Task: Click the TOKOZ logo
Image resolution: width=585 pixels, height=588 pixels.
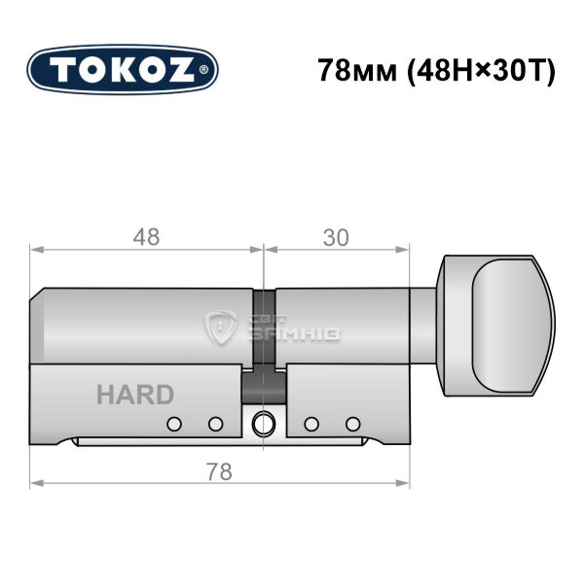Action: [123, 70]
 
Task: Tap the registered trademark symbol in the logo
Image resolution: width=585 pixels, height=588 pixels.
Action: [203, 70]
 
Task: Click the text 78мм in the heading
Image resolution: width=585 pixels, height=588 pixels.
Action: [357, 70]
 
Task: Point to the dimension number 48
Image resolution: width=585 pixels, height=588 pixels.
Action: [146, 237]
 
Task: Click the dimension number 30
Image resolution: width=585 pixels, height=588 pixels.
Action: [336, 238]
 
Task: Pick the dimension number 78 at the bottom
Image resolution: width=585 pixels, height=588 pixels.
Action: [219, 471]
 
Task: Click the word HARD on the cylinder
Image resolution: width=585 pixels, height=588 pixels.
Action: [135, 395]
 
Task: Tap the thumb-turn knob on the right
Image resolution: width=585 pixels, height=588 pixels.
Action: [495, 326]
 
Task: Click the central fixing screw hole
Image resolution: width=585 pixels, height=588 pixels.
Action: [263, 424]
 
